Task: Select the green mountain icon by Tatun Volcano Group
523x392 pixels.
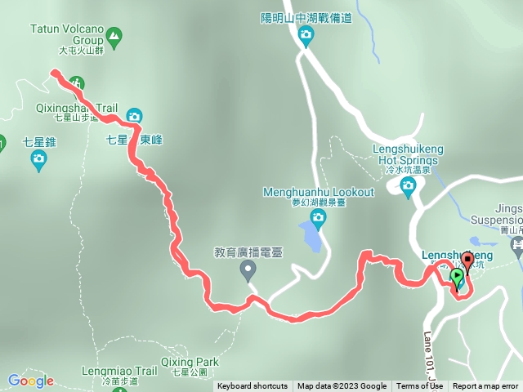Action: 114,35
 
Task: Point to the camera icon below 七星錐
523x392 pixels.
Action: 38,162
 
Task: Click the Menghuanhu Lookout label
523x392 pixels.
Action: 318,193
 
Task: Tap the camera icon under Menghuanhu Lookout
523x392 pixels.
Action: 318,216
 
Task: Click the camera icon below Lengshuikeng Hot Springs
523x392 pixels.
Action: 409,187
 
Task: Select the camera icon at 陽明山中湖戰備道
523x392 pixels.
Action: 306,34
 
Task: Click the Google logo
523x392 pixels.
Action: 30,381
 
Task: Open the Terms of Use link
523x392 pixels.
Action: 419,386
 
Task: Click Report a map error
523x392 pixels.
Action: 485,386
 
